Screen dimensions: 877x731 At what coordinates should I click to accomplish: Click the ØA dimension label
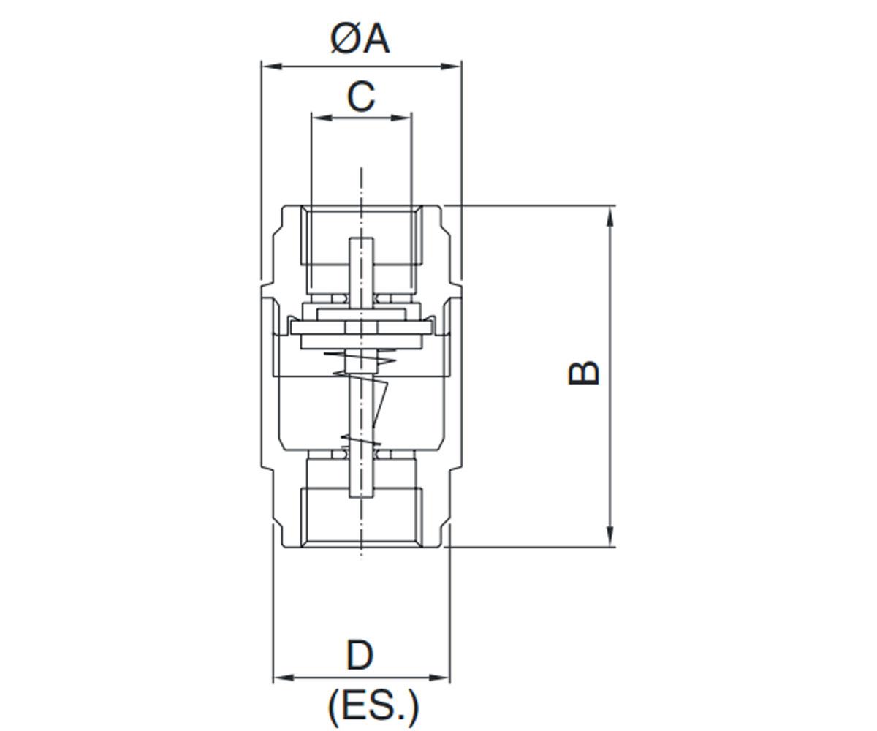click(360, 39)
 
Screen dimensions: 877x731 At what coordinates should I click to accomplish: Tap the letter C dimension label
click(361, 97)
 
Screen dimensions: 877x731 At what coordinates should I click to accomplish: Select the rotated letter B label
click(583, 373)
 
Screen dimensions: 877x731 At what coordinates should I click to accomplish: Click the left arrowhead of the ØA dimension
click(271, 67)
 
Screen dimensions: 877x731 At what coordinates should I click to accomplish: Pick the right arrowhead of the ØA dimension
click(451, 67)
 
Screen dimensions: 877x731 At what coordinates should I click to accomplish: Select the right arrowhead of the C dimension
click(400, 118)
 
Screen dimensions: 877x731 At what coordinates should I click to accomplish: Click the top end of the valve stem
click(361, 238)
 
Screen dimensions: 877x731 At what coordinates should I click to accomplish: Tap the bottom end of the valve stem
click(361, 497)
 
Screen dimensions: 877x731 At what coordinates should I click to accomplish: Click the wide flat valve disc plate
click(360, 327)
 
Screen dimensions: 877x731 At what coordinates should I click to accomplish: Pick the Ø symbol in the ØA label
click(345, 39)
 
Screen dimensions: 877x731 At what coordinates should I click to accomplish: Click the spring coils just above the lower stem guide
click(361, 440)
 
